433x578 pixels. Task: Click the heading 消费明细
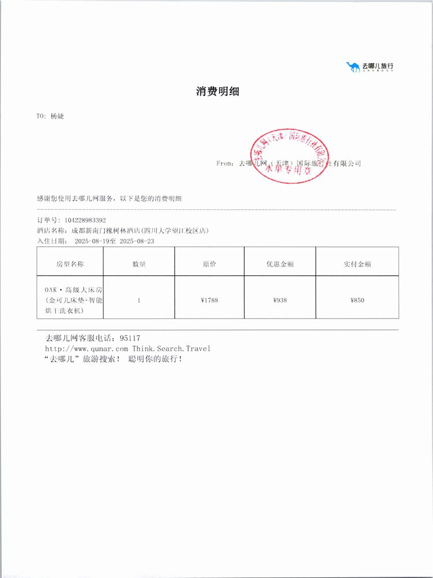pyautogui.click(x=217, y=91)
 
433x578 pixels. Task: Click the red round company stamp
pyautogui.click(x=289, y=154)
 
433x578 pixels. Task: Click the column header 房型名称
pyautogui.click(x=70, y=264)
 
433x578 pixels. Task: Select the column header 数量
pyautogui.click(x=139, y=264)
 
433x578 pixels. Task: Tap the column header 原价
pyautogui.click(x=209, y=264)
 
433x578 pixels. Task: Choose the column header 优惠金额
pyautogui.click(x=280, y=264)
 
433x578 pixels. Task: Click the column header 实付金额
pyautogui.click(x=357, y=264)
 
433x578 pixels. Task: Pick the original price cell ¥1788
pyautogui.click(x=209, y=300)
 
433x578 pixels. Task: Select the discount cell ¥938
pyautogui.click(x=280, y=300)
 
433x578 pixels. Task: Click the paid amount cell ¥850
pyautogui.click(x=357, y=300)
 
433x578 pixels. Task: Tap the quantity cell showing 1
pyautogui.click(x=139, y=300)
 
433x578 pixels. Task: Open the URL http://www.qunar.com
pyautogui.click(x=87, y=349)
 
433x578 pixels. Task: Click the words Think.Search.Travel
pyautogui.click(x=171, y=349)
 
